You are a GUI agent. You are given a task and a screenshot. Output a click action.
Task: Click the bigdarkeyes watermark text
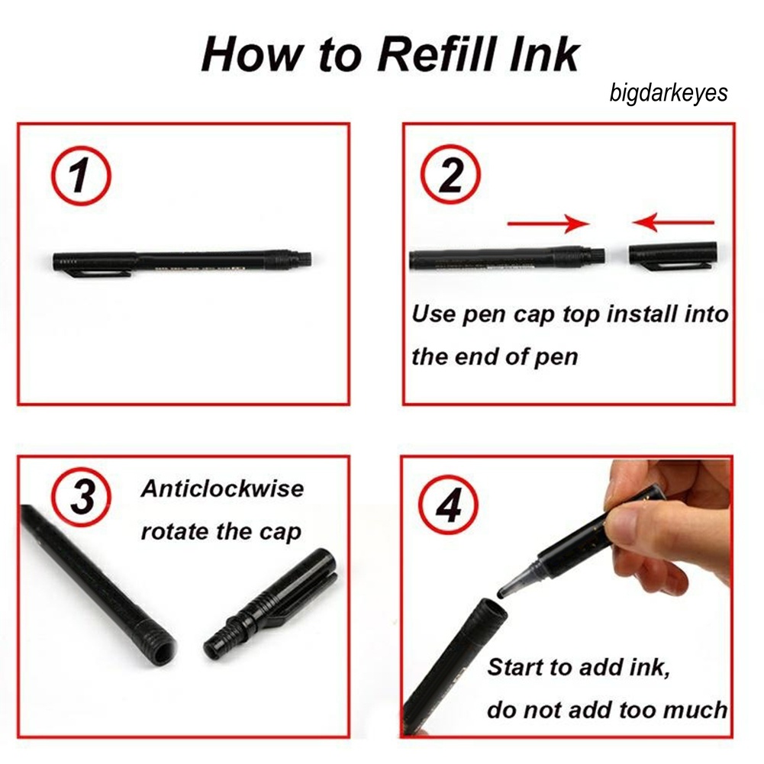tap(669, 92)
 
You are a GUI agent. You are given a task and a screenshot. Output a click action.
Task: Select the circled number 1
tap(81, 176)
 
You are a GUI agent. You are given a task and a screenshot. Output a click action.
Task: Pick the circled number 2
tap(451, 175)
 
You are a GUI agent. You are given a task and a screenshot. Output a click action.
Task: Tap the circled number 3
tap(82, 497)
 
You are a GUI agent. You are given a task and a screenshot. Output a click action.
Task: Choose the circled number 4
tap(449, 504)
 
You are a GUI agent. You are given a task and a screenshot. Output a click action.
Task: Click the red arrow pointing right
tap(548, 224)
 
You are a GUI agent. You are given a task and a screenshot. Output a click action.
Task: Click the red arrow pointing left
tap(673, 223)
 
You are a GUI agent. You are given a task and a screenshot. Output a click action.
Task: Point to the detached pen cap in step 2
tap(672, 254)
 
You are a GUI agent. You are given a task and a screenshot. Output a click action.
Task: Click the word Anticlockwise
tap(222, 488)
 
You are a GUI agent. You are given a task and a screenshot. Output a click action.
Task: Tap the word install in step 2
tap(641, 314)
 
